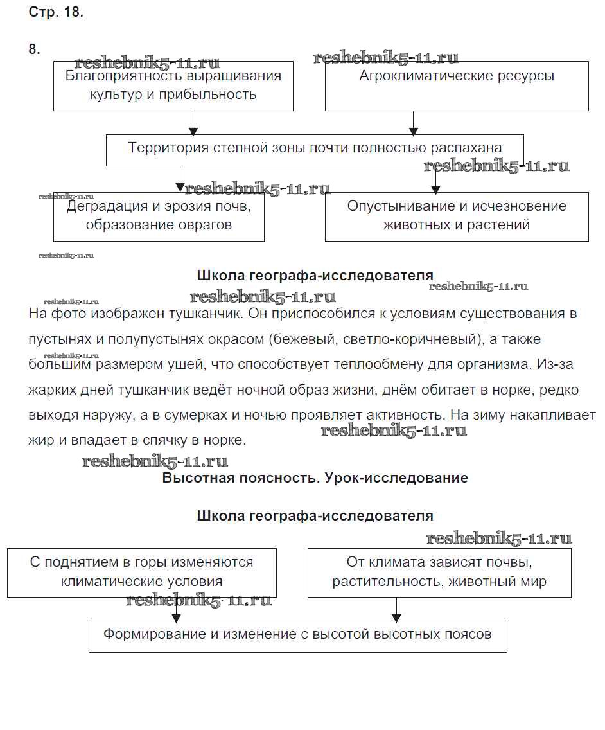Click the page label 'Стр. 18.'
click(56, 12)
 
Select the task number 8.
click(35, 49)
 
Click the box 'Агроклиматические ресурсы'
click(457, 85)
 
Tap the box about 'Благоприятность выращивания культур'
click(173, 85)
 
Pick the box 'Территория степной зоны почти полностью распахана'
click(315, 148)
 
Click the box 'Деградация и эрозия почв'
click(159, 216)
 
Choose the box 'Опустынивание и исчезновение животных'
click(457, 216)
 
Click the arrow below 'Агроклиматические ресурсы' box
click(413, 123)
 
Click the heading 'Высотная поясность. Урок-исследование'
click(315, 478)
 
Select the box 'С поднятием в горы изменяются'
click(142, 572)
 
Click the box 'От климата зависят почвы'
click(439, 572)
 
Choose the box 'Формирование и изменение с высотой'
click(298, 635)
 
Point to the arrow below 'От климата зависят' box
click(396, 610)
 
